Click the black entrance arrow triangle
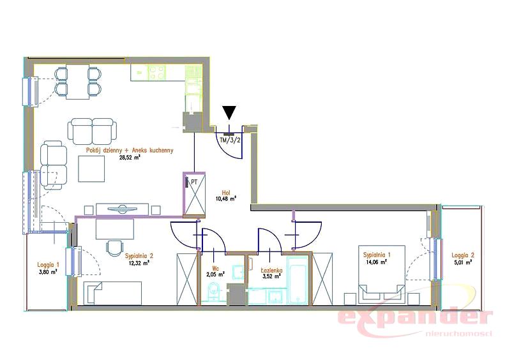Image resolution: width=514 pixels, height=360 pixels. [x=229, y=113]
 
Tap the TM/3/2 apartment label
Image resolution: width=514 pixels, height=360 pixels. [x=231, y=140]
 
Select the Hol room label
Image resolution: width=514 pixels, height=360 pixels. [x=225, y=193]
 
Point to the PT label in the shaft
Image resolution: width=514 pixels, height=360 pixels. [x=194, y=182]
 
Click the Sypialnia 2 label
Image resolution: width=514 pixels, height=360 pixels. [x=139, y=256]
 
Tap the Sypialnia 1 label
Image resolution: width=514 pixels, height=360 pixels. [x=377, y=255]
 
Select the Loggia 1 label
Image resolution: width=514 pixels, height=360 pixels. [x=48, y=264]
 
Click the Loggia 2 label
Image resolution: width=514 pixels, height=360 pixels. [x=463, y=255]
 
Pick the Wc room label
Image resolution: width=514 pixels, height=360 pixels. [x=215, y=267]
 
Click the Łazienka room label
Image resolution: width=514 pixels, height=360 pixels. [x=271, y=270]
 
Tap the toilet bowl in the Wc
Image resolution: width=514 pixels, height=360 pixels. [x=213, y=292]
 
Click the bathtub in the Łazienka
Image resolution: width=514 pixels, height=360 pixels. [x=298, y=280]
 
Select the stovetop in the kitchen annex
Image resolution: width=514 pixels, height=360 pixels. [x=156, y=73]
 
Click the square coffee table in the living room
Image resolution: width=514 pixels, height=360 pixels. [x=91, y=169]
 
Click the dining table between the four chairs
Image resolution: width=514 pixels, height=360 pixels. [x=77, y=82]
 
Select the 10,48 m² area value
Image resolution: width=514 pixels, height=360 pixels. [x=226, y=199]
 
